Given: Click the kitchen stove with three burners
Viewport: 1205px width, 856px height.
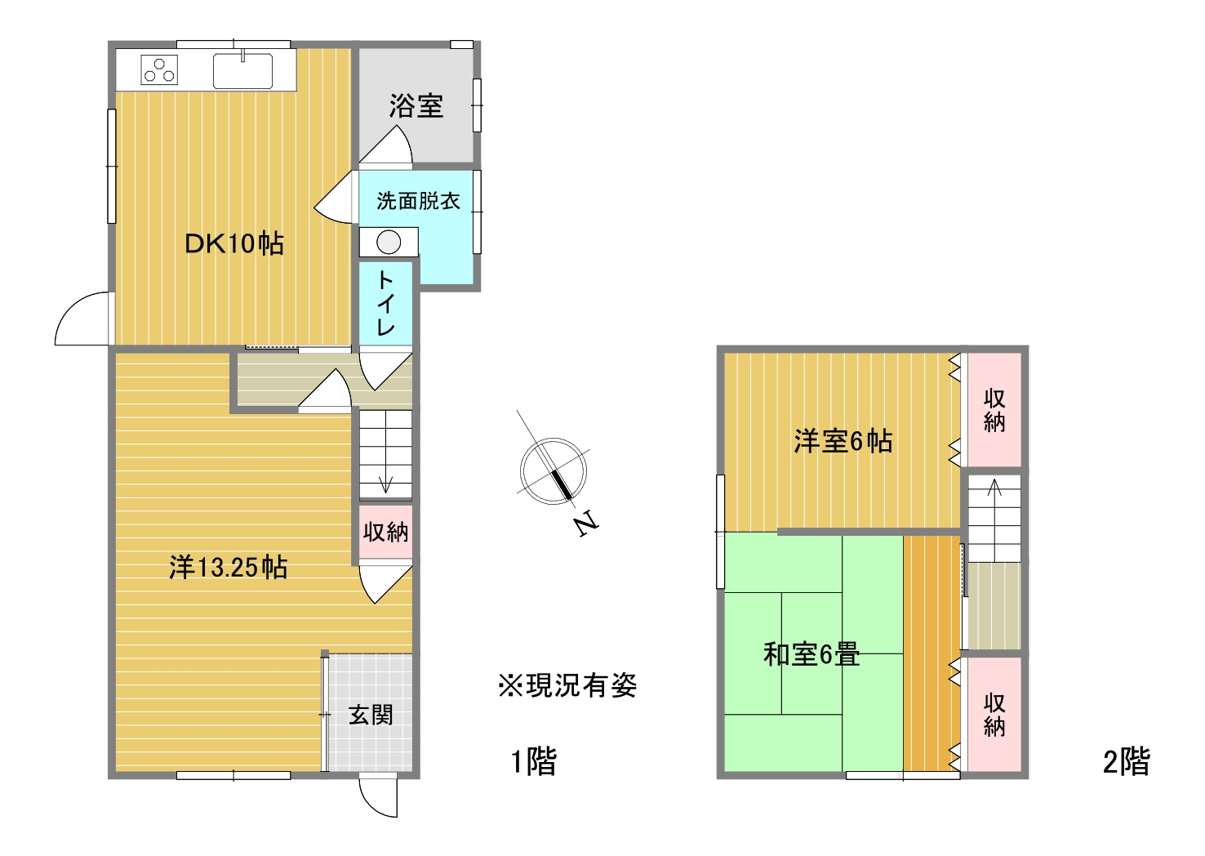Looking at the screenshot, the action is (x=159, y=70).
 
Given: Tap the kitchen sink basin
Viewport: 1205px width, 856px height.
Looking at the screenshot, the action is (x=242, y=71).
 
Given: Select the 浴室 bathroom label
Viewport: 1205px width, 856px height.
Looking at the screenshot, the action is (x=416, y=106).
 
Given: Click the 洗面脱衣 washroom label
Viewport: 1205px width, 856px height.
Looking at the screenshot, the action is (x=418, y=201).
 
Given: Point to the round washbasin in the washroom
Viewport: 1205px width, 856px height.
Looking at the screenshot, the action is (x=389, y=243).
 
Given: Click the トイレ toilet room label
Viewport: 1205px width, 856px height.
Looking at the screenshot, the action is (x=385, y=303).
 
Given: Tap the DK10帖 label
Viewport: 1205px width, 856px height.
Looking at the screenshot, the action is (x=234, y=244).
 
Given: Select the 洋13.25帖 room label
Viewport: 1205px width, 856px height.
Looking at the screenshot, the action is (x=228, y=568).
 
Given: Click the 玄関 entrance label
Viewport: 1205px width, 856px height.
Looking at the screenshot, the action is (x=371, y=716).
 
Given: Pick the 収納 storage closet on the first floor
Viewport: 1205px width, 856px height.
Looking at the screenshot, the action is (x=385, y=532).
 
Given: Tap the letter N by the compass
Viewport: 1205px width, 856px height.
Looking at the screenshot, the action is (x=586, y=524).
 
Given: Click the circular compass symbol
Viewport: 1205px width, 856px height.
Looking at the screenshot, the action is (x=554, y=471).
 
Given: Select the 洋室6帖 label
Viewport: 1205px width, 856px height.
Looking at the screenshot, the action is (x=843, y=441).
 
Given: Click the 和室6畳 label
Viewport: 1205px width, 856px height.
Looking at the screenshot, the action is (x=811, y=654).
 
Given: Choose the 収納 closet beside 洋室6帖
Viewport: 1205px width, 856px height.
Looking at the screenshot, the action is (x=994, y=410).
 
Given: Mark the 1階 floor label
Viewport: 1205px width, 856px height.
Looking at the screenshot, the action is (x=534, y=762).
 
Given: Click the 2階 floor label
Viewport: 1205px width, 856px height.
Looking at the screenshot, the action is (x=1127, y=762).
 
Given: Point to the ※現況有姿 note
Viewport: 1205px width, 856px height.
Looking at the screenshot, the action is (x=567, y=685).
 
